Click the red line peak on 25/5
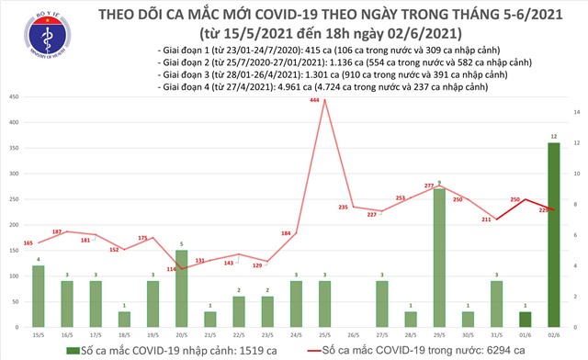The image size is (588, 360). (323, 108)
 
